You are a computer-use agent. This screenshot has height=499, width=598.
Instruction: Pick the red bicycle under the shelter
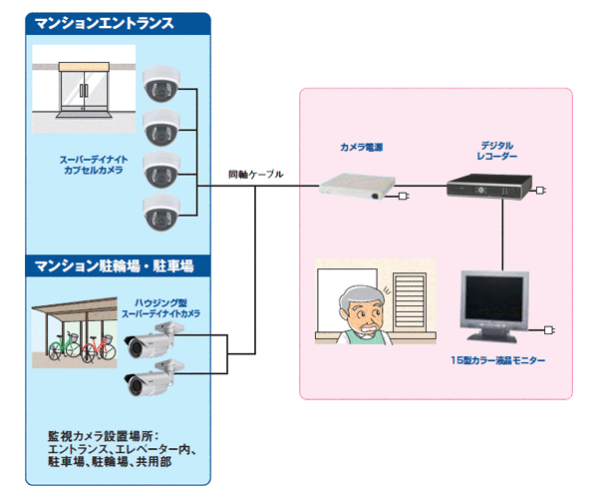coord(92,347)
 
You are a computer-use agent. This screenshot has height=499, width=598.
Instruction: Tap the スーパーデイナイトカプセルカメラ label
coord(90,165)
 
